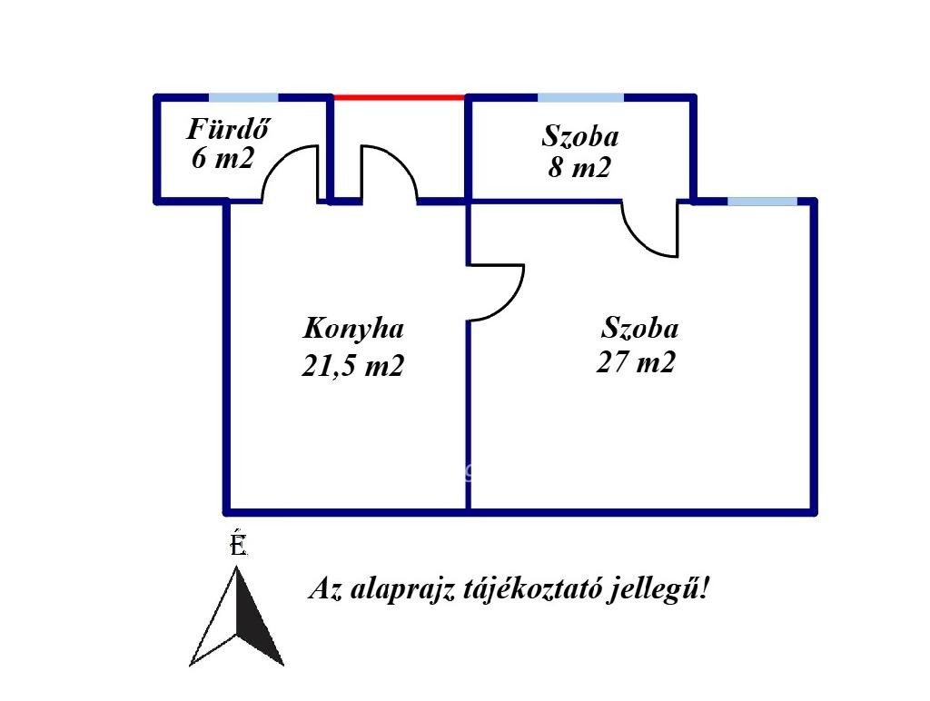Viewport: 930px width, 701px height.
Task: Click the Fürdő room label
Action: click(x=228, y=129)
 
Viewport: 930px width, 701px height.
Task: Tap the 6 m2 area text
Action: click(x=223, y=158)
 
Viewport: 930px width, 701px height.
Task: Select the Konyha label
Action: click(x=353, y=329)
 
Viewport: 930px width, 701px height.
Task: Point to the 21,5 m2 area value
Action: click(x=353, y=365)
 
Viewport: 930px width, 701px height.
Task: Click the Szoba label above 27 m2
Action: click(x=640, y=328)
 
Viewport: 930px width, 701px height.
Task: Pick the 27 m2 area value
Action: click(x=636, y=361)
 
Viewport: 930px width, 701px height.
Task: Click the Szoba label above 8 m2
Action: click(x=580, y=136)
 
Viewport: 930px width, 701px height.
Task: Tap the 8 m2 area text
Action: click(x=579, y=167)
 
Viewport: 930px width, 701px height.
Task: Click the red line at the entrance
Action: click(x=400, y=97)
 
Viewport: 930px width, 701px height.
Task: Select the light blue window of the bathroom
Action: click(x=243, y=98)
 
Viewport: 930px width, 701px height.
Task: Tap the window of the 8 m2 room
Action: click(x=580, y=98)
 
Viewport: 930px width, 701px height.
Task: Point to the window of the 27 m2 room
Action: click(x=763, y=202)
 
